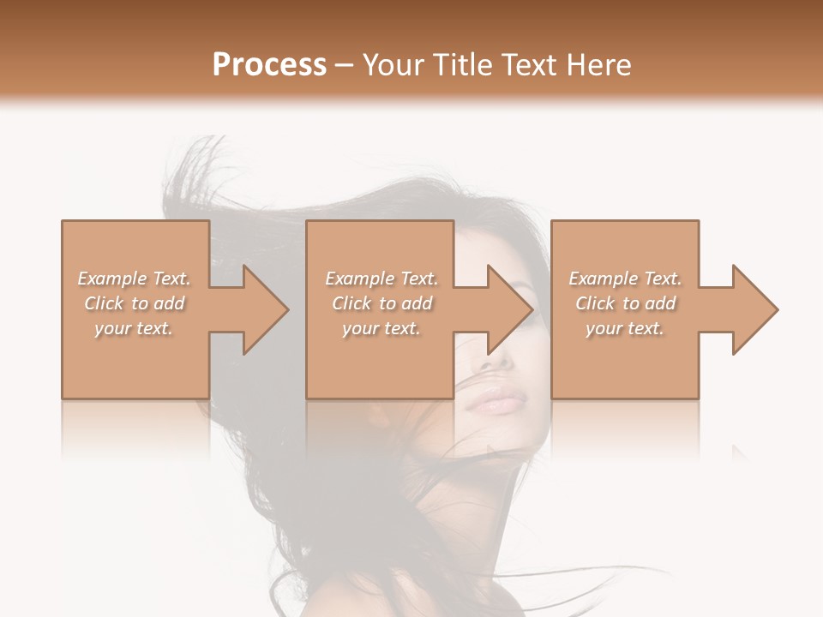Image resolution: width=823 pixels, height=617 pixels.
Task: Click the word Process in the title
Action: pyautogui.click(x=269, y=65)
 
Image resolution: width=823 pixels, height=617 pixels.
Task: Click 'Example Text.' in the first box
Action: pyautogui.click(x=134, y=279)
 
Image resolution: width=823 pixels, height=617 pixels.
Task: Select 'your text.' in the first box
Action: pyautogui.click(x=134, y=328)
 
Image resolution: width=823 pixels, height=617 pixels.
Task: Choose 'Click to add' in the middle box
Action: pyautogui.click(x=381, y=303)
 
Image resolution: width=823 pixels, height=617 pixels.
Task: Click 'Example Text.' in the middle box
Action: pyautogui.click(x=381, y=279)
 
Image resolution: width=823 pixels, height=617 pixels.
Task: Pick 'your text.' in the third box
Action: pyautogui.click(x=625, y=328)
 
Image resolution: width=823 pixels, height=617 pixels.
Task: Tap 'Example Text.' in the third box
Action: pyautogui.click(x=625, y=279)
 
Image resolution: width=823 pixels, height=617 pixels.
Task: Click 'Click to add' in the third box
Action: pyautogui.click(x=625, y=303)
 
